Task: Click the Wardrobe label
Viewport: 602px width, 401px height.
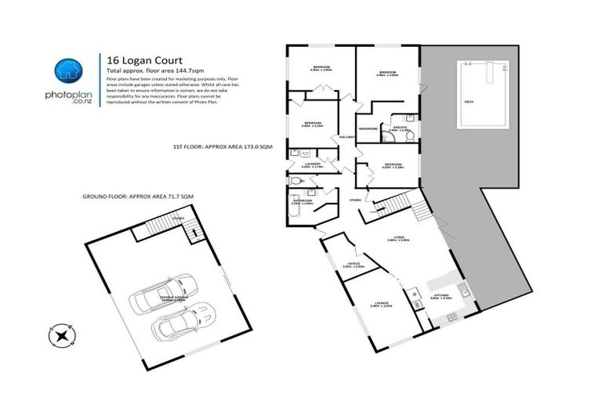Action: point(368,128)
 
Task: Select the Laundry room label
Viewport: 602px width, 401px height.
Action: point(312,164)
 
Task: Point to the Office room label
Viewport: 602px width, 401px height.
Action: point(354,265)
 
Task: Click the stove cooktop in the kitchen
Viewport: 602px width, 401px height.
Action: point(452,317)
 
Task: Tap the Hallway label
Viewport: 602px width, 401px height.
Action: point(345,137)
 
